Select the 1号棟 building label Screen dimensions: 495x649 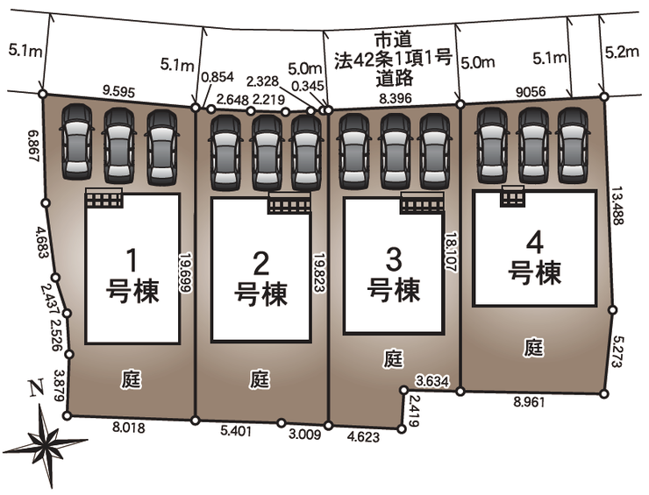tap(132, 275)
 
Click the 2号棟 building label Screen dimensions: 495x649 tap(260, 279)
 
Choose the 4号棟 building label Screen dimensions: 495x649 tap(534, 255)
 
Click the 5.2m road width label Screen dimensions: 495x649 tap(622, 52)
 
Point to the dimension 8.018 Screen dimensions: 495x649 tap(128, 429)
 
